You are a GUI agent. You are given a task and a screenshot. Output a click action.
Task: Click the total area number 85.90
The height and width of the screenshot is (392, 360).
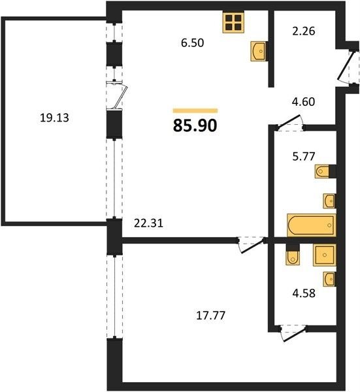pyautogui.click(x=195, y=125)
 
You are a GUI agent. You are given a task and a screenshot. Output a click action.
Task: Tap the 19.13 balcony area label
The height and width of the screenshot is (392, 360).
pyautogui.click(x=54, y=118)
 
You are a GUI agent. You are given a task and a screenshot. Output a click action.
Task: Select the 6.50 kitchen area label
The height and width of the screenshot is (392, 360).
pyautogui.click(x=193, y=42)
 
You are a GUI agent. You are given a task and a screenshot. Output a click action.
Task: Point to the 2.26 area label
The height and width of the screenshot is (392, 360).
pyautogui.click(x=304, y=31)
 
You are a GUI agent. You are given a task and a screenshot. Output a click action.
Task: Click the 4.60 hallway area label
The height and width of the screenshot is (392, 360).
pyautogui.click(x=304, y=102)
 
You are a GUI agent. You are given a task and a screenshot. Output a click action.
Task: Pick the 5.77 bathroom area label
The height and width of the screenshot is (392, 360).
pyautogui.click(x=304, y=157)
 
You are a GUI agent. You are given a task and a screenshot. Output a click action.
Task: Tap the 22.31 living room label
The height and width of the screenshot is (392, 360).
pyautogui.click(x=148, y=223)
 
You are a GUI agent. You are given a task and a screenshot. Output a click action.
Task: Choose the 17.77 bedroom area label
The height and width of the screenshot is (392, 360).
pyautogui.click(x=211, y=316)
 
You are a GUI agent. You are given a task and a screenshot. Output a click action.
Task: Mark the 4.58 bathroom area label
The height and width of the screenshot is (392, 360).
pyautogui.click(x=304, y=293)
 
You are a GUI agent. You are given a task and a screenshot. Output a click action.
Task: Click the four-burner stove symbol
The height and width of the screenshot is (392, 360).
pyautogui.click(x=233, y=22)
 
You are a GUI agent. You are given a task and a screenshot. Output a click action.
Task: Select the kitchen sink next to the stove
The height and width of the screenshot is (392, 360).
pyautogui.click(x=259, y=51)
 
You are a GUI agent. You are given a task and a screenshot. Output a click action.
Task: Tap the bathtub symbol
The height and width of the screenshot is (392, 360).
pyautogui.click(x=312, y=225)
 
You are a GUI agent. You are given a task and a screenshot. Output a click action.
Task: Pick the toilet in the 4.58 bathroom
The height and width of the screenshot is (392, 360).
pyautogui.click(x=293, y=255)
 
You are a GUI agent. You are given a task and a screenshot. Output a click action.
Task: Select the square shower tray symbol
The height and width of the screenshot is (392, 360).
pyautogui.click(x=325, y=255)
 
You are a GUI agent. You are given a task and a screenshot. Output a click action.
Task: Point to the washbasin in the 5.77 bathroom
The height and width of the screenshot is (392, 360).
pyautogui.click(x=329, y=201)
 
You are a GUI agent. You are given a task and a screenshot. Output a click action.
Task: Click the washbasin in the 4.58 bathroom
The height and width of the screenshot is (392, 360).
pyautogui.click(x=329, y=279)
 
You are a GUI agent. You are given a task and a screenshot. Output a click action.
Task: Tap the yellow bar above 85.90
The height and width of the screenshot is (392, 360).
pyautogui.click(x=195, y=111)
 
